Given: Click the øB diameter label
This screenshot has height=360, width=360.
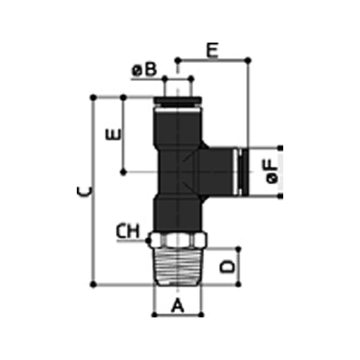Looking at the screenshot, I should click(144, 70).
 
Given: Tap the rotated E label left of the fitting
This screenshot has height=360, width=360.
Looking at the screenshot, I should click(112, 134).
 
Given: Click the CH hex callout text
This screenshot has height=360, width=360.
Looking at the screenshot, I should click(128, 230).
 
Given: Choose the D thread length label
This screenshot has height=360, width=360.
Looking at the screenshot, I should click(226, 265).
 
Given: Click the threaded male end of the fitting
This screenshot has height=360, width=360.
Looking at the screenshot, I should click(178, 265).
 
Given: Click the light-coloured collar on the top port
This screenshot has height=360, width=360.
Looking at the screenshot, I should click(178, 102).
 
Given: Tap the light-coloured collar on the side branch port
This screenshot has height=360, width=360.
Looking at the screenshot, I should click(239, 172).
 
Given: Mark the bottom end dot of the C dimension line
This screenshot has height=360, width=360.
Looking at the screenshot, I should click(93, 283).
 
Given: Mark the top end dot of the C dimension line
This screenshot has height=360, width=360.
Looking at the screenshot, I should click(93, 96).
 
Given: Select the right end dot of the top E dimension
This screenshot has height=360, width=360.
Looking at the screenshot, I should click(248, 60).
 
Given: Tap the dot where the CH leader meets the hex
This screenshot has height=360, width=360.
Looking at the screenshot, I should click(148, 241).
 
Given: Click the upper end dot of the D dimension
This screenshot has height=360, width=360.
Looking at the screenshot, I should click(239, 247).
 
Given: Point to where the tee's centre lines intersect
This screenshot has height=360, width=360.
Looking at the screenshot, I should click(178, 172).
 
